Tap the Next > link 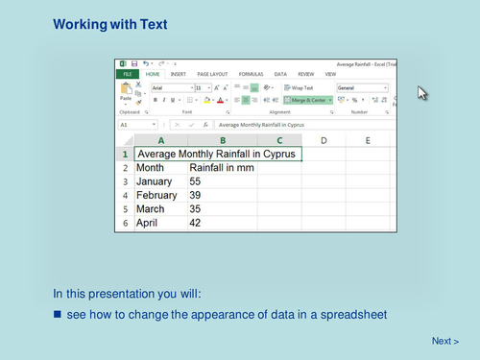click(x=444, y=341)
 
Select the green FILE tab click(x=127, y=74)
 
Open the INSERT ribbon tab click(x=179, y=74)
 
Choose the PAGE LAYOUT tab click(x=212, y=74)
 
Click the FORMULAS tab click(x=251, y=74)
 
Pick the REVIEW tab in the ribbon click(x=305, y=74)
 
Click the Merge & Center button click(x=307, y=100)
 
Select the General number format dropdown click(x=361, y=87)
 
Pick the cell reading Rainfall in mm click(x=222, y=167)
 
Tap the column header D click(x=324, y=140)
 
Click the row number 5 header click(x=124, y=209)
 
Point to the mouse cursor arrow click(x=421, y=92)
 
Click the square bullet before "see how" click(x=57, y=314)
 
